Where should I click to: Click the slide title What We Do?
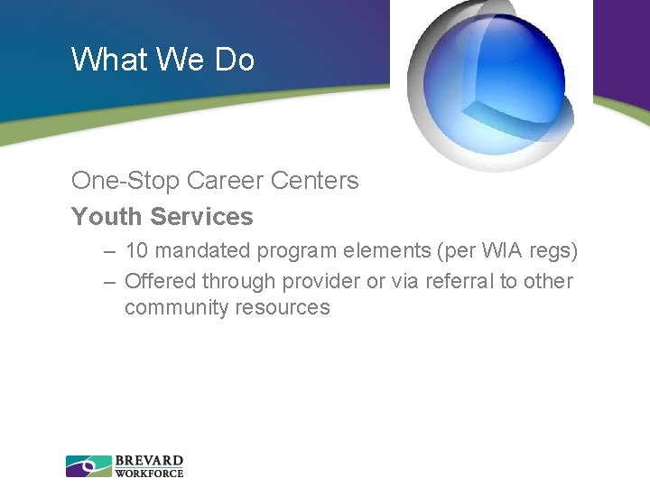[162, 60]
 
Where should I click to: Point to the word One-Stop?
[125, 181]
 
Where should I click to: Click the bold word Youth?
[107, 217]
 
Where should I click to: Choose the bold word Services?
[202, 217]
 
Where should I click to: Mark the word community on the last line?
[177, 307]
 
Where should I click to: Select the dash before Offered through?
[109, 282]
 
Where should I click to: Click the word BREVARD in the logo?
[149, 461]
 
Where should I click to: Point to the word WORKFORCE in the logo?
[149, 473]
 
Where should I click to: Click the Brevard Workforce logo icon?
[88, 466]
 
